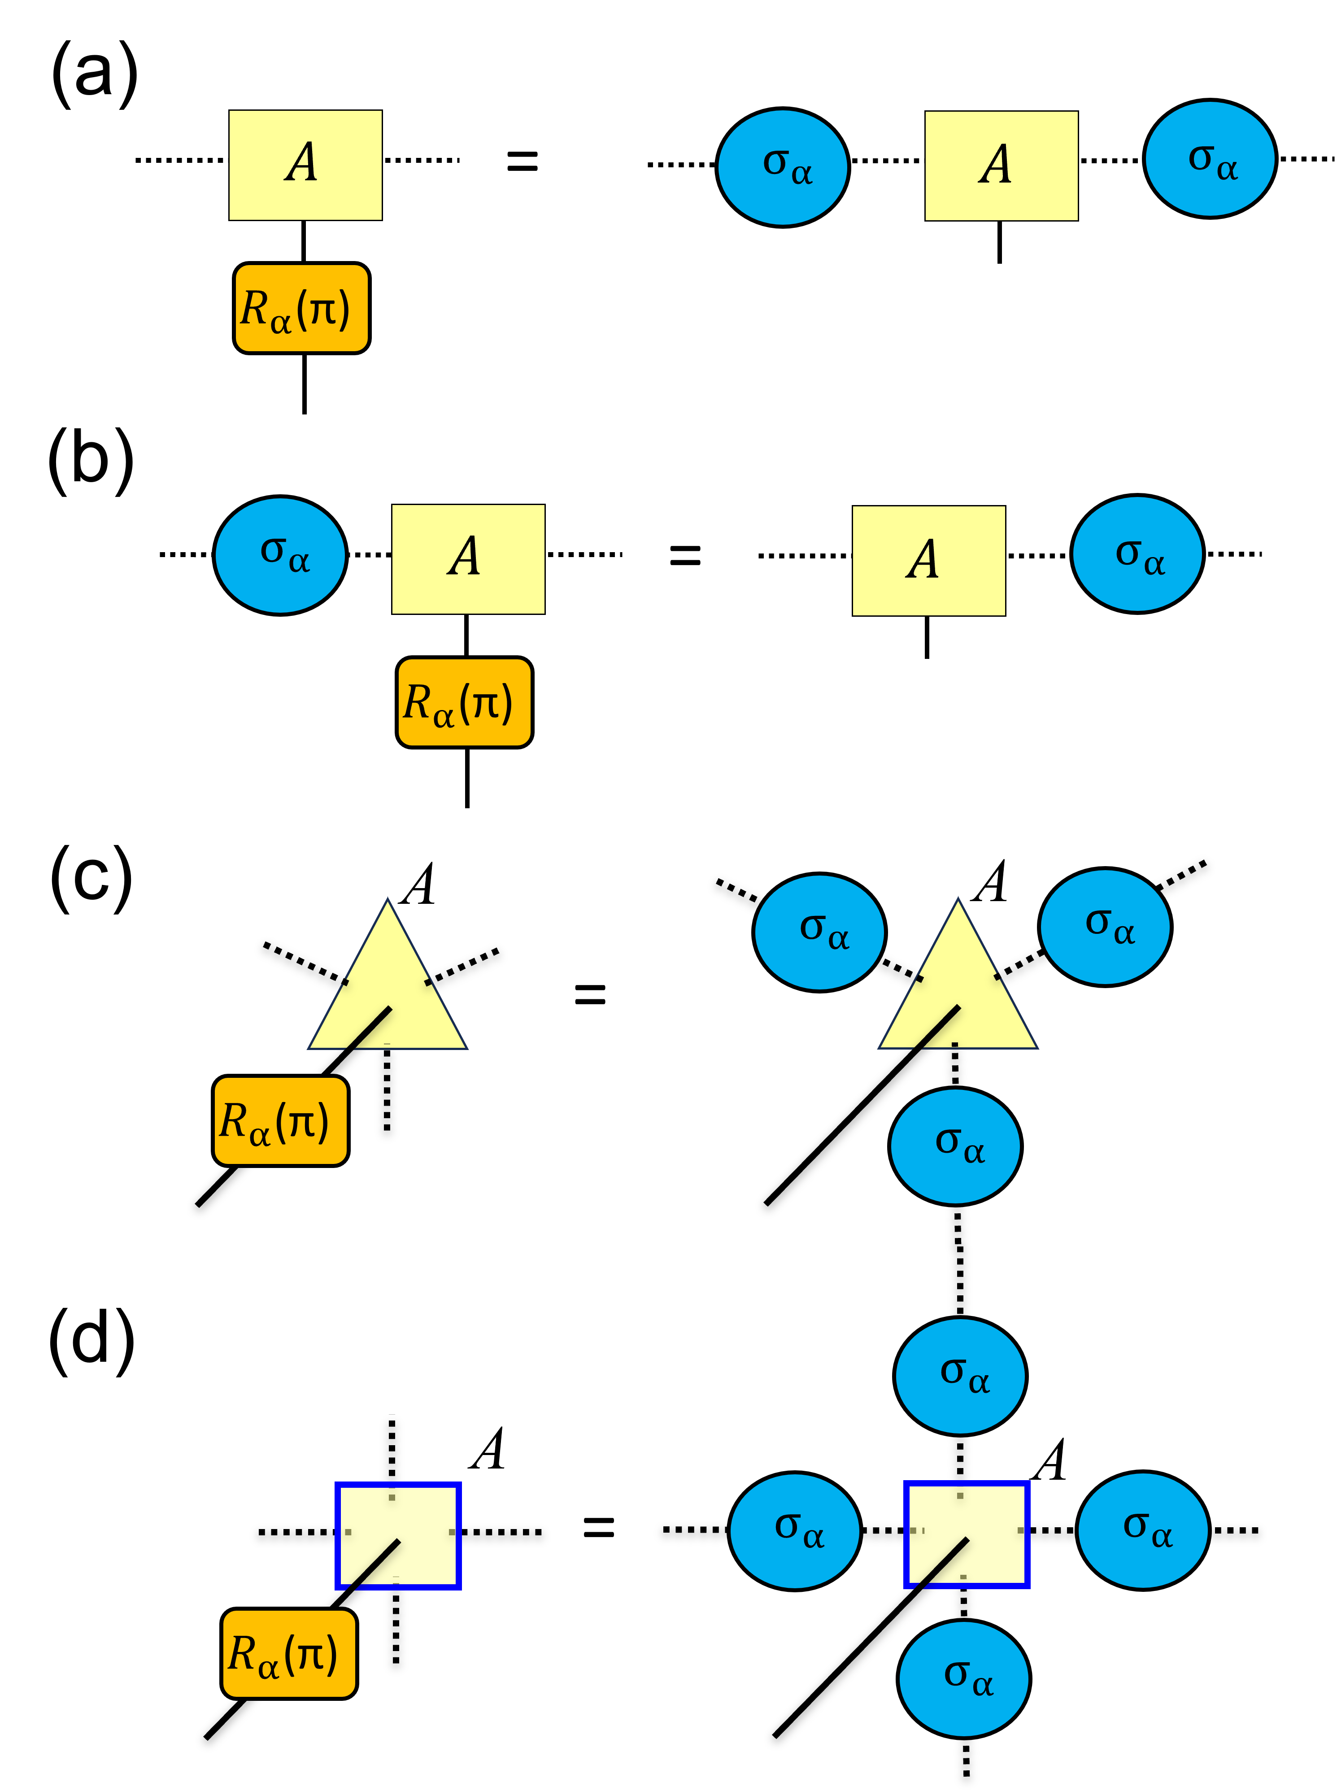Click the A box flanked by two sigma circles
(1001, 166)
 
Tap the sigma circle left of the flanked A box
(783, 167)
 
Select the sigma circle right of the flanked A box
(1210, 159)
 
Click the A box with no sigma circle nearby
(305, 165)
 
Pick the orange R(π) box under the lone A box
(301, 308)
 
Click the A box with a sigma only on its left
(468, 559)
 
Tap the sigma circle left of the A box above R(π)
(280, 555)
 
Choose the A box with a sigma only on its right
(928, 561)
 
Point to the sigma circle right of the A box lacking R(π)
(1137, 553)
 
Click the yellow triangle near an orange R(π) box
(388, 995)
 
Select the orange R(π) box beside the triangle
(280, 1121)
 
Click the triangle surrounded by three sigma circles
(958, 995)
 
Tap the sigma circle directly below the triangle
(955, 1146)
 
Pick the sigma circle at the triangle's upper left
(819, 933)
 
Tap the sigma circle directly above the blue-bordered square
(960, 1376)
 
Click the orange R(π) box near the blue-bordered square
(289, 1653)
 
